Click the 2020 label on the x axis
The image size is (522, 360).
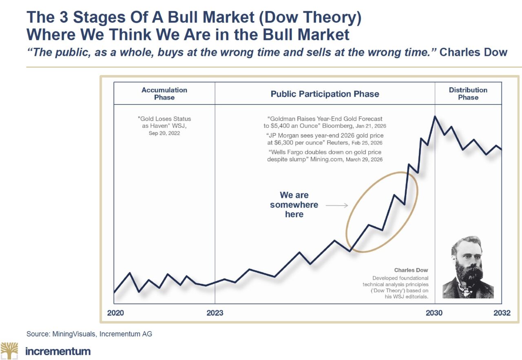point(115,313)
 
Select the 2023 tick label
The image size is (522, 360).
point(215,313)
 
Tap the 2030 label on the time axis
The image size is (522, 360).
point(434,313)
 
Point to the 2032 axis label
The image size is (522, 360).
point(502,313)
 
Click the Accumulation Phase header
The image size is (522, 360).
point(164,93)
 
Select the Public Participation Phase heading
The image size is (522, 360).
point(325,94)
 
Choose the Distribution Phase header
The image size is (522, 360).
point(468,93)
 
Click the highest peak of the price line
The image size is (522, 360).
point(435,116)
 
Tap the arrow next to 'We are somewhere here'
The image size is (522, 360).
point(337,205)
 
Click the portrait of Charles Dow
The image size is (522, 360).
point(468,267)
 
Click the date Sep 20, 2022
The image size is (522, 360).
point(164,133)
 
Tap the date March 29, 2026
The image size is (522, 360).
point(364,160)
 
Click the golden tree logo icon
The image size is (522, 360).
point(9,351)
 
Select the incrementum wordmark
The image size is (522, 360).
point(58,351)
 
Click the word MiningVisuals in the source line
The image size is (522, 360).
point(74,334)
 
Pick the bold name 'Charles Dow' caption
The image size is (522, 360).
point(411,270)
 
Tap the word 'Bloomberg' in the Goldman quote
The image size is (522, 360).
point(337,126)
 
